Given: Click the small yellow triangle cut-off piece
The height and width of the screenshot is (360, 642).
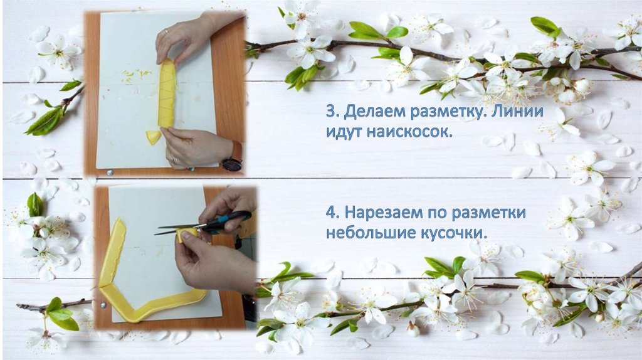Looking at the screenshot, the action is tap(153, 137).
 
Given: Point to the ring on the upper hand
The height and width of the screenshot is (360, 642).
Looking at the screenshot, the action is tap(166, 31).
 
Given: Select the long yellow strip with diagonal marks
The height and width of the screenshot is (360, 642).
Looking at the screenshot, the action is tap(167, 93).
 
